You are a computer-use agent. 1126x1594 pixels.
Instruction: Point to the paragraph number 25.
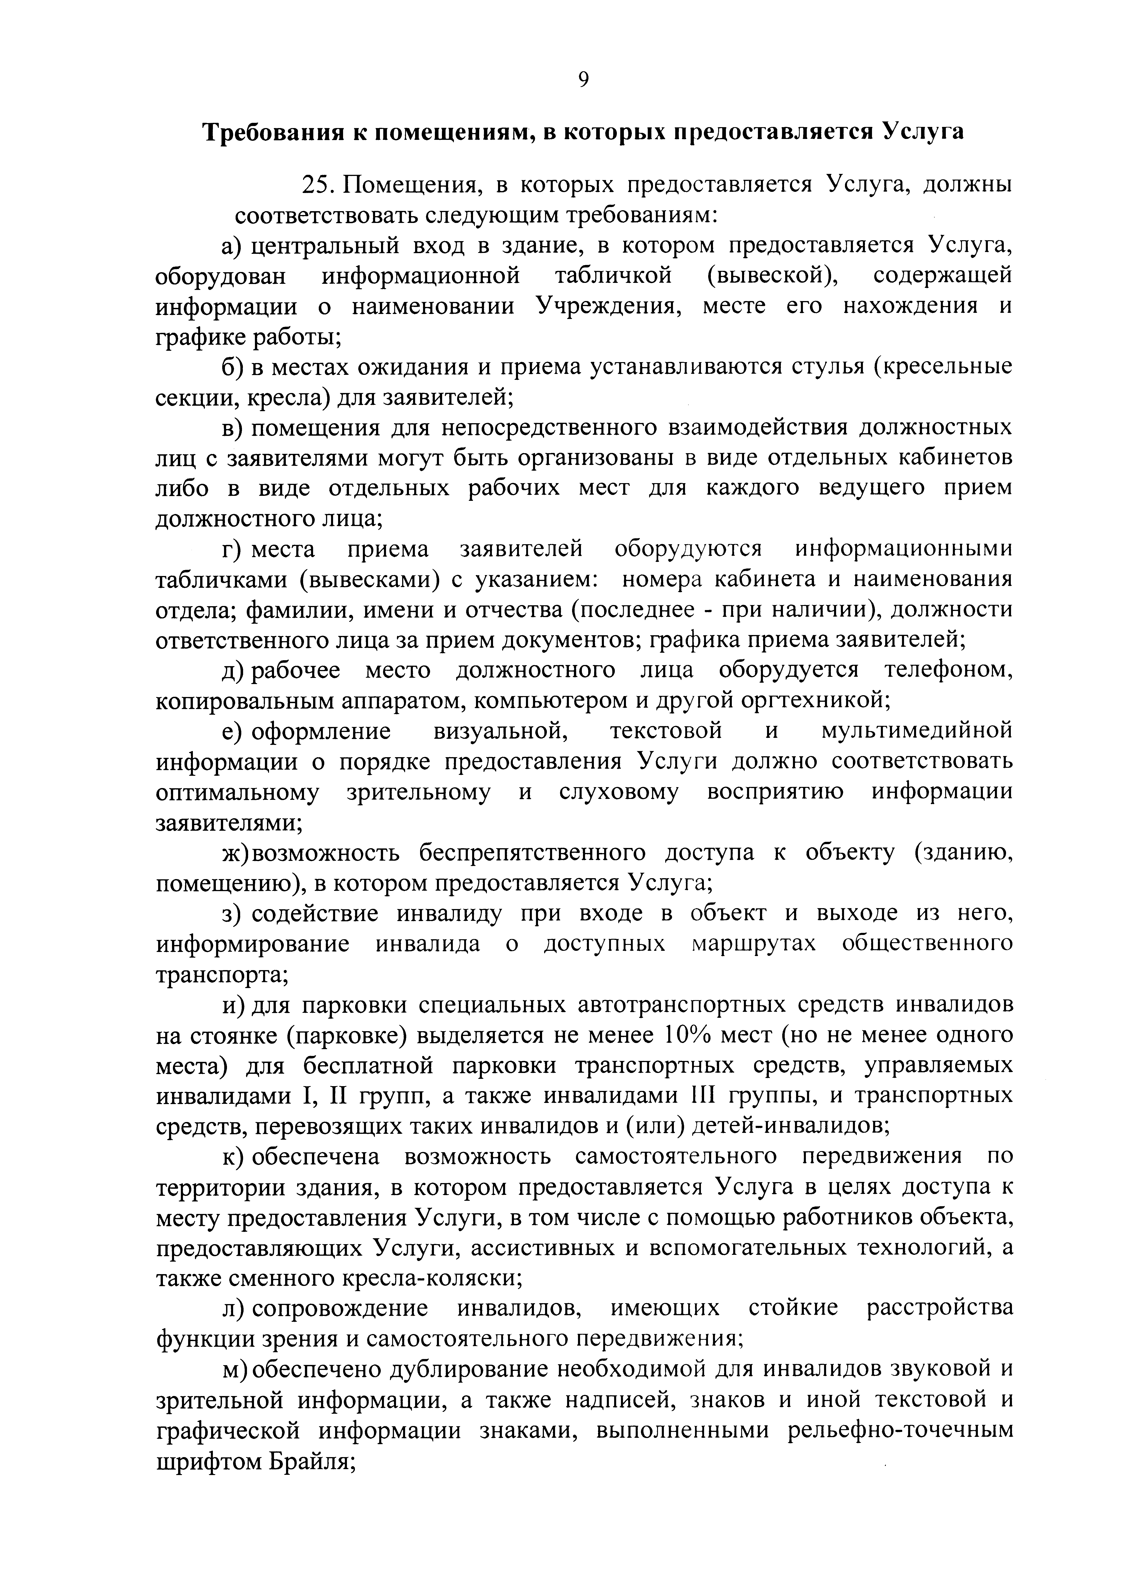[x=319, y=185]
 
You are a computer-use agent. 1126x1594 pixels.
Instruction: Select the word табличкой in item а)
[x=613, y=276]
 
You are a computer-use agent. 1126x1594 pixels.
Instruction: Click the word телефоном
[x=948, y=671]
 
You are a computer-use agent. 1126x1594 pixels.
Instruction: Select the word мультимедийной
[x=916, y=731]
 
